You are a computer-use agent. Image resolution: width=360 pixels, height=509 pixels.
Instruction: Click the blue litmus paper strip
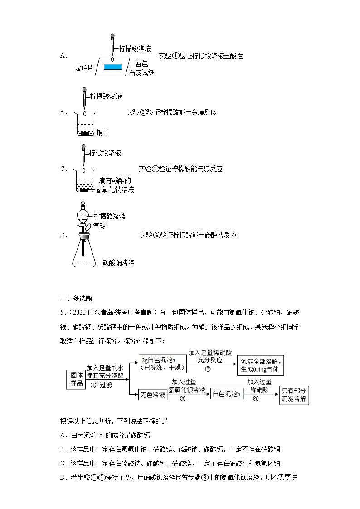click(x=112, y=67)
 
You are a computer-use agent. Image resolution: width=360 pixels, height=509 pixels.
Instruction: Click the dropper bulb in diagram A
click(x=112, y=36)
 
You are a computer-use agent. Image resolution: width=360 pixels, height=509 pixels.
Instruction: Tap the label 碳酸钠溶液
click(x=118, y=262)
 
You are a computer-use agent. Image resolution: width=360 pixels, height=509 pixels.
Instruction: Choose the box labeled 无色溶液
click(x=152, y=395)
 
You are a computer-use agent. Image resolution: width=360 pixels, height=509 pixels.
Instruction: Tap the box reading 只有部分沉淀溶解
click(x=294, y=395)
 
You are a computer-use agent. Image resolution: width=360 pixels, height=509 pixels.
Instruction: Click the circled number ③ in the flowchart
click(x=183, y=399)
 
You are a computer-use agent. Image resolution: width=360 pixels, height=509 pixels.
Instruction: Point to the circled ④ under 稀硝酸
click(x=256, y=399)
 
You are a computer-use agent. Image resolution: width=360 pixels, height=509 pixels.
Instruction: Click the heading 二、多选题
click(x=76, y=298)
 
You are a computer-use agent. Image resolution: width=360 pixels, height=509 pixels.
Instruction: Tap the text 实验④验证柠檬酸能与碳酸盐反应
click(x=188, y=235)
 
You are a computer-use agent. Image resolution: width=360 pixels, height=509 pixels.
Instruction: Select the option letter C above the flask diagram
click(x=63, y=169)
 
